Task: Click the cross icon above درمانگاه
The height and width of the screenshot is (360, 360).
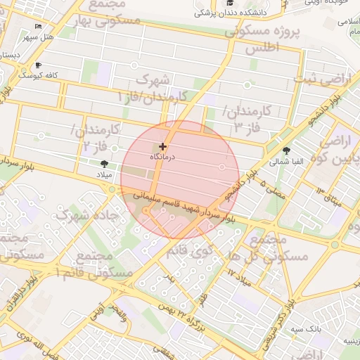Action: [x=163, y=146]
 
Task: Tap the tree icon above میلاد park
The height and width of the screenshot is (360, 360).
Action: [x=105, y=162]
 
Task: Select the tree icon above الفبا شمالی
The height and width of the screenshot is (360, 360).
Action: [x=286, y=150]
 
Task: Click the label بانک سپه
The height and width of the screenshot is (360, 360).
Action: [x=307, y=328]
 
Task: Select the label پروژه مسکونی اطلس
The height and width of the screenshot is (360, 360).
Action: [x=263, y=39]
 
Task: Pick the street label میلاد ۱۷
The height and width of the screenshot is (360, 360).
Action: [x=239, y=277]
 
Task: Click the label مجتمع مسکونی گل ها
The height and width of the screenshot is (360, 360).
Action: [x=276, y=248]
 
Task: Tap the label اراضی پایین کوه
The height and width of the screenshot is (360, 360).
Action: [x=336, y=149]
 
